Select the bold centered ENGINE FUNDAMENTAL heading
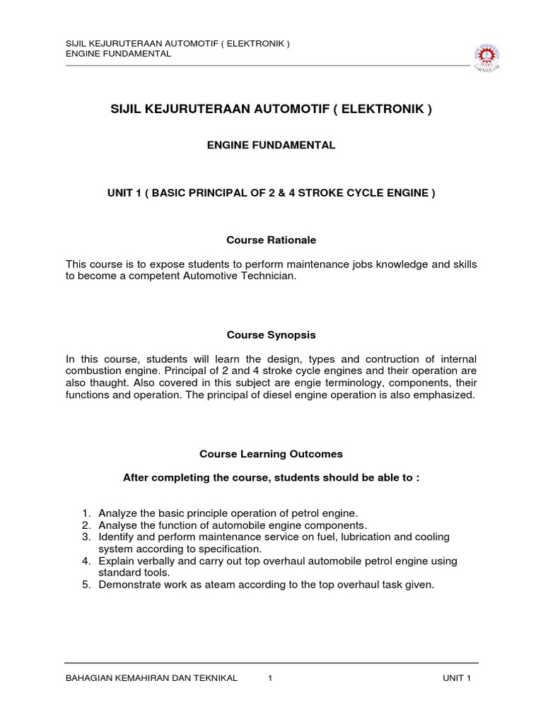click(271, 146)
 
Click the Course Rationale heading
click(271, 240)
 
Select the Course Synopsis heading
click(271, 334)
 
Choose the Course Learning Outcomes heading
click(271, 453)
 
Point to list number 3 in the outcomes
click(86, 537)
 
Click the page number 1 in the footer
click(271, 679)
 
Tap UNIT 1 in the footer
click(457, 679)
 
